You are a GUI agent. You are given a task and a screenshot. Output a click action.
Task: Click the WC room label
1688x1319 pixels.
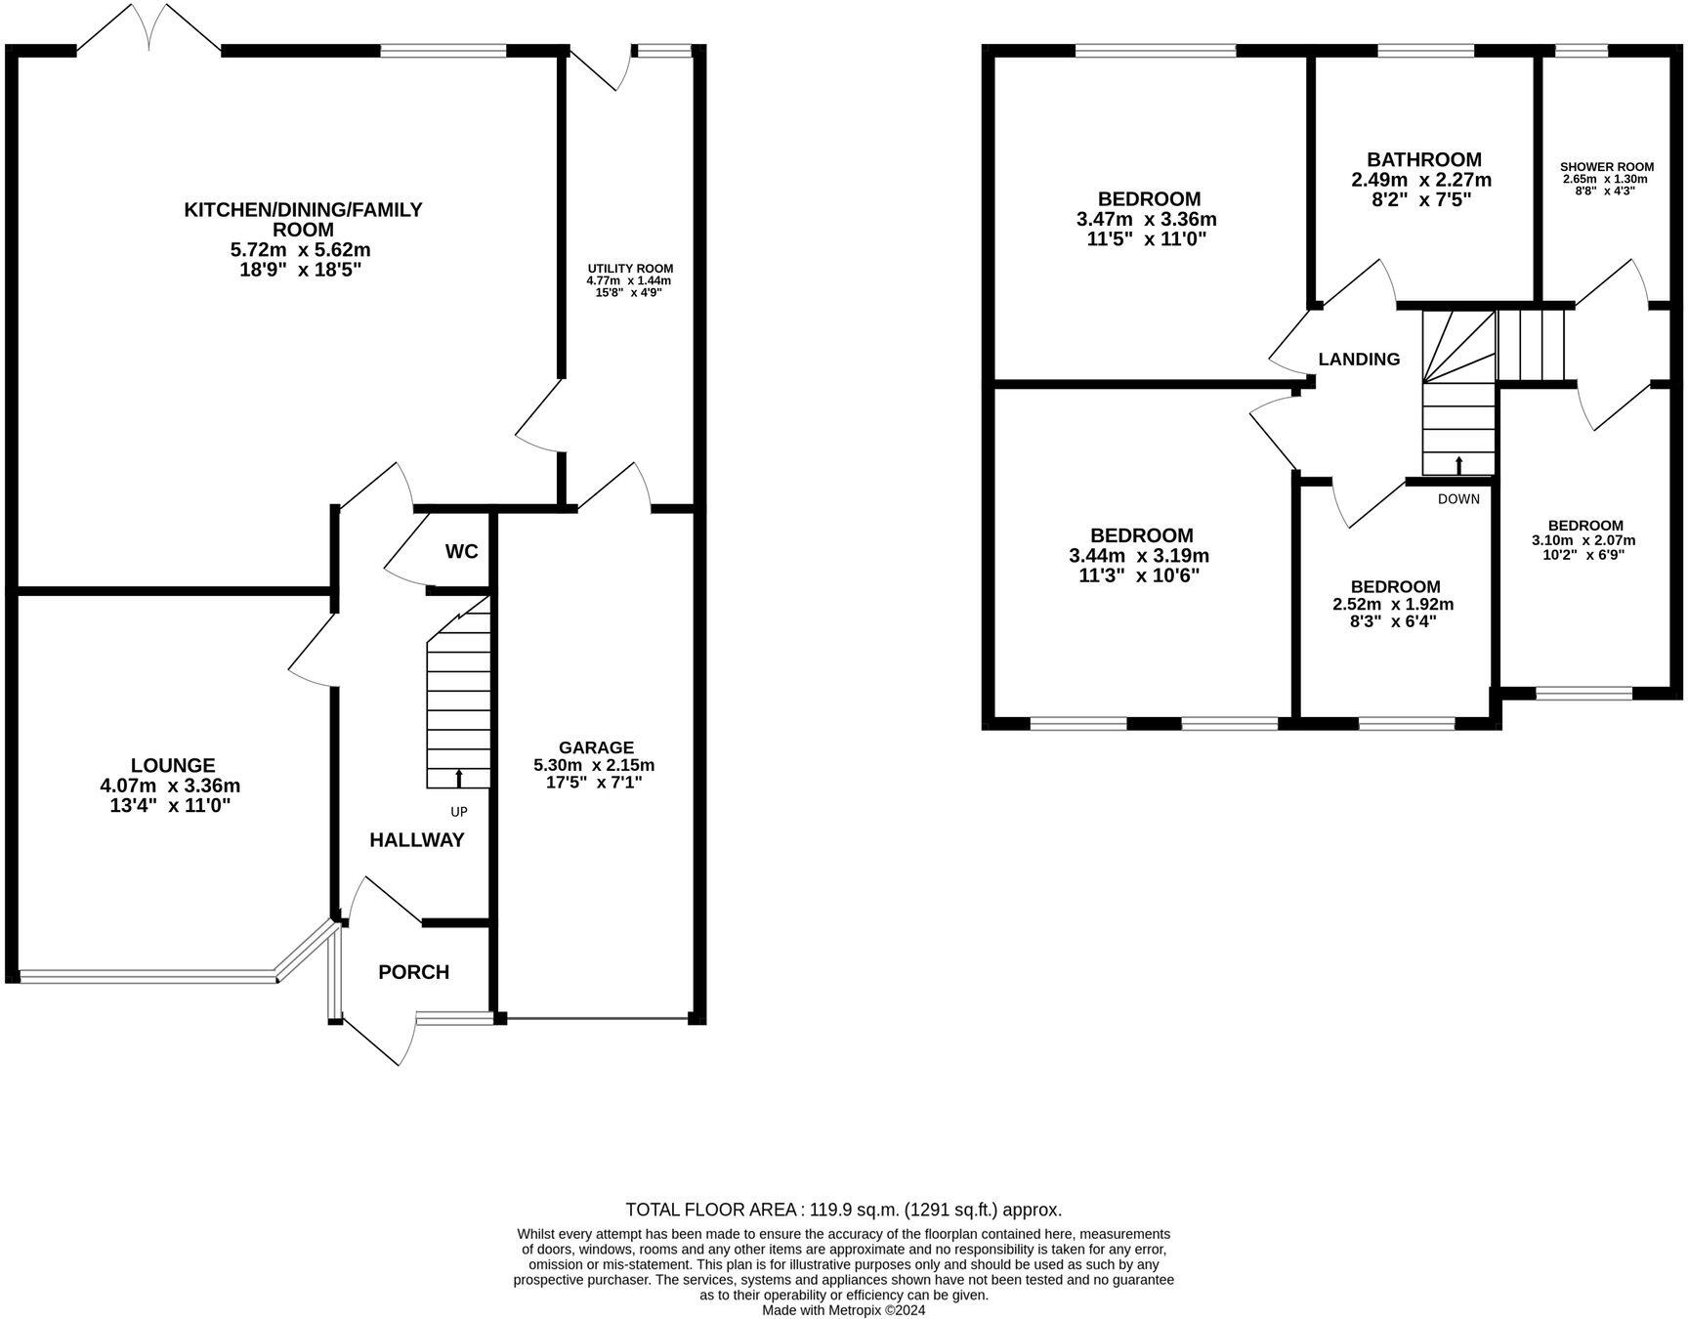(461, 552)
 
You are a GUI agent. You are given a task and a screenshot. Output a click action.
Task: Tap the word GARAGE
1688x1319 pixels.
(596, 747)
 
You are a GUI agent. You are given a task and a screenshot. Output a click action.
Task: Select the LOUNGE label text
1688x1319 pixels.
(173, 766)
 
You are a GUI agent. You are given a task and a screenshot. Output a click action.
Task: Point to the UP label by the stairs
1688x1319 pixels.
(458, 812)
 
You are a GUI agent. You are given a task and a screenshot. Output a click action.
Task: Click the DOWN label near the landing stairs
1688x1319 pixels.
(1458, 499)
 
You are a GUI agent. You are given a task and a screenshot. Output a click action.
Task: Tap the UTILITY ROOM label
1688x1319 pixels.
(630, 269)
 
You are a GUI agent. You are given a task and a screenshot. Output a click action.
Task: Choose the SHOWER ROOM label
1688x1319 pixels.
(1607, 167)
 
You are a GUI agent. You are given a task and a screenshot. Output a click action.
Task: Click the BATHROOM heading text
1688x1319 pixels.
(1423, 159)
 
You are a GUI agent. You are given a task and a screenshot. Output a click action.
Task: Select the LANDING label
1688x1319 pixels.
(1359, 359)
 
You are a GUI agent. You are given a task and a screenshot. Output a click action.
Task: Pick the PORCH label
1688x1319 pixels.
(413, 972)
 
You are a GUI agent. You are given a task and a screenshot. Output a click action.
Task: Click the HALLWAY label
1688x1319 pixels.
(416, 840)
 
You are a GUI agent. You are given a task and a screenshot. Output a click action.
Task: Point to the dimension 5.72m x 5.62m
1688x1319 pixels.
(300, 250)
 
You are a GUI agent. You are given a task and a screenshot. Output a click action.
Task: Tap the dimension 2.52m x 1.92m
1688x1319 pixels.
(1393, 605)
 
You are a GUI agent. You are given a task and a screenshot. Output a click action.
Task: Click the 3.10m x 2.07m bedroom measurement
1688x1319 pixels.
(1583, 540)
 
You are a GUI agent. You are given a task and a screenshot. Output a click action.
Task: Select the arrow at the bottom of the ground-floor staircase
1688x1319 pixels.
(459, 778)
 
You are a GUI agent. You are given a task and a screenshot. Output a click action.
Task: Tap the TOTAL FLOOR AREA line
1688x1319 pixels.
(843, 1210)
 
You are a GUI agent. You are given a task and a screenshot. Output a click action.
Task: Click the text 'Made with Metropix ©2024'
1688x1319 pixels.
(843, 1310)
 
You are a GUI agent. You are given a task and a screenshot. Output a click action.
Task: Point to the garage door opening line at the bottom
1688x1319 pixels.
(598, 1019)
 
